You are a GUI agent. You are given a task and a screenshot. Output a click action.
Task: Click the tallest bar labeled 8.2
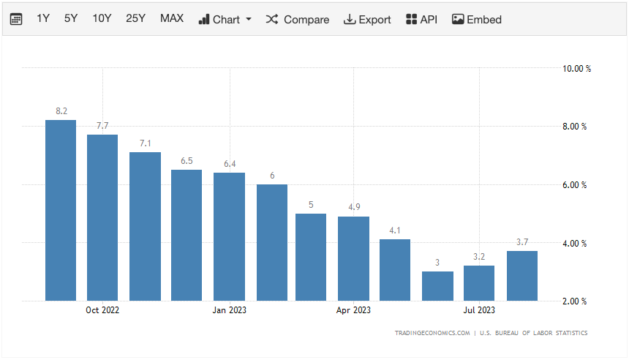click(61, 210)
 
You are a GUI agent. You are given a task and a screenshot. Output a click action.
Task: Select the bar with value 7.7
click(102, 217)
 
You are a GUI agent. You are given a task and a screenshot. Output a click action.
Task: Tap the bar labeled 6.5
click(187, 235)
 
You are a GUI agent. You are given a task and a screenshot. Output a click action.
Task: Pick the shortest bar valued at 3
click(437, 286)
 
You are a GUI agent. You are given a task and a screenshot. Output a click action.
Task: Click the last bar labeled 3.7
click(521, 276)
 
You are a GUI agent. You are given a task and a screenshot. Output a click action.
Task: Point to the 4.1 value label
click(395, 230)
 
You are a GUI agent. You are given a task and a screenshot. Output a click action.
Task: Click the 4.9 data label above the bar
click(353, 207)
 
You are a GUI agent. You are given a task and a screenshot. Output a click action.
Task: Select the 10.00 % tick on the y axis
click(576, 68)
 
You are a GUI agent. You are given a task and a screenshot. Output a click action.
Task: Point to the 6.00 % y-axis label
click(574, 184)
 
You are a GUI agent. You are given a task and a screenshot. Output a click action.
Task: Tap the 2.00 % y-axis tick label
click(574, 301)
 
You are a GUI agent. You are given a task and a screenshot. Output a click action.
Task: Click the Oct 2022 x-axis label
click(102, 310)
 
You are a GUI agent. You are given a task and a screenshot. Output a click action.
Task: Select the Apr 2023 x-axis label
click(353, 310)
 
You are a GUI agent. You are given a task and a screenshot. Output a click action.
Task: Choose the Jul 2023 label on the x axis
click(479, 310)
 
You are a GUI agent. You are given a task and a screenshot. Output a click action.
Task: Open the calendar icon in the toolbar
click(16, 19)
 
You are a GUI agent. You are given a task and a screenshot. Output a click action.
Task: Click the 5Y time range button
click(70, 19)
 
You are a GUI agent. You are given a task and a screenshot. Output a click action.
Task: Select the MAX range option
click(172, 19)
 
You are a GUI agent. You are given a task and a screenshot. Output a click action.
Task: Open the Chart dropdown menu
click(225, 19)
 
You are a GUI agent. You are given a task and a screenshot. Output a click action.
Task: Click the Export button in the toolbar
click(367, 19)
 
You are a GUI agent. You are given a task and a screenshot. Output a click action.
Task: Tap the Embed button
click(477, 19)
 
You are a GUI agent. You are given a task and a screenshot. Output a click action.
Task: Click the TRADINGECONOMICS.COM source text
click(432, 333)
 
